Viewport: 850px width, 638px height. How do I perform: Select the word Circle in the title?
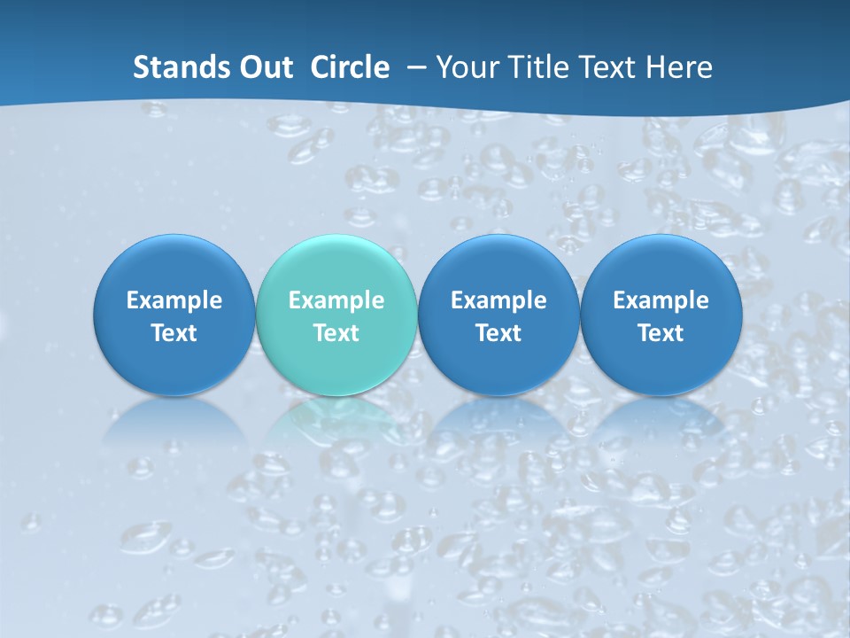tap(350, 67)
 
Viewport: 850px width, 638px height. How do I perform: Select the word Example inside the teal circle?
tap(336, 300)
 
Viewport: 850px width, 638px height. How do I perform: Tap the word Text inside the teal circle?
tap(336, 333)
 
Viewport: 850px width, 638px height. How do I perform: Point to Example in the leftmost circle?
tap(174, 300)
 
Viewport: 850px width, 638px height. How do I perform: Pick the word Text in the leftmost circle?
tap(174, 333)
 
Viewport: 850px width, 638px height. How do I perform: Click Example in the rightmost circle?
tap(661, 300)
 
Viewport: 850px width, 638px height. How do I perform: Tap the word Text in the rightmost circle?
tap(661, 333)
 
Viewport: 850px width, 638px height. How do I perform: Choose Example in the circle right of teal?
tap(498, 300)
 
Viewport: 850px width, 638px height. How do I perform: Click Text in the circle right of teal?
tap(498, 333)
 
